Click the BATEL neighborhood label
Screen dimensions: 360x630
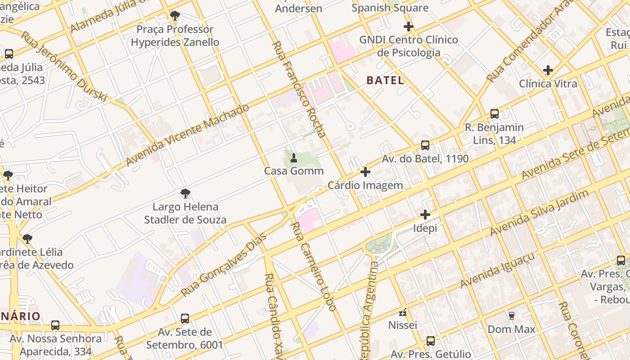pos(385,81)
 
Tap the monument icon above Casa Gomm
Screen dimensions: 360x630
pos(294,157)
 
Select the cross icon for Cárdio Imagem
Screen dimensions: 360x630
pos(365,172)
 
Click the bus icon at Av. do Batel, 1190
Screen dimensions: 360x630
pos(425,145)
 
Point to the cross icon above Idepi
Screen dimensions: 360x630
pos(425,215)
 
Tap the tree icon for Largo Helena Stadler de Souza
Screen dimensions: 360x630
pos(185,193)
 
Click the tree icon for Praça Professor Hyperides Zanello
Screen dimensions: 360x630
pos(175,16)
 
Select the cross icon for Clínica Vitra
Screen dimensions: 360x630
pos(548,70)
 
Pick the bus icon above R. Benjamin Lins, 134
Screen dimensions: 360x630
pos(494,114)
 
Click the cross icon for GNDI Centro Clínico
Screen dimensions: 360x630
pos(408,27)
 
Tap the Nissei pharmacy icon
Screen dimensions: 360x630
pos(403,312)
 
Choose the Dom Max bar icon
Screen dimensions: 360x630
pos(511,315)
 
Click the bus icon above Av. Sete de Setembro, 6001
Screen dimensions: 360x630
pos(184,319)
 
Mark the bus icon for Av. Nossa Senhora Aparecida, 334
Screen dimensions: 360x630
pos(55,325)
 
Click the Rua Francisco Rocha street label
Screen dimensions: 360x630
pos(299,89)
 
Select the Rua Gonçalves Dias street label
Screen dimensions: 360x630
pos(224,265)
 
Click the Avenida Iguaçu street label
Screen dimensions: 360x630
pos(498,270)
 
